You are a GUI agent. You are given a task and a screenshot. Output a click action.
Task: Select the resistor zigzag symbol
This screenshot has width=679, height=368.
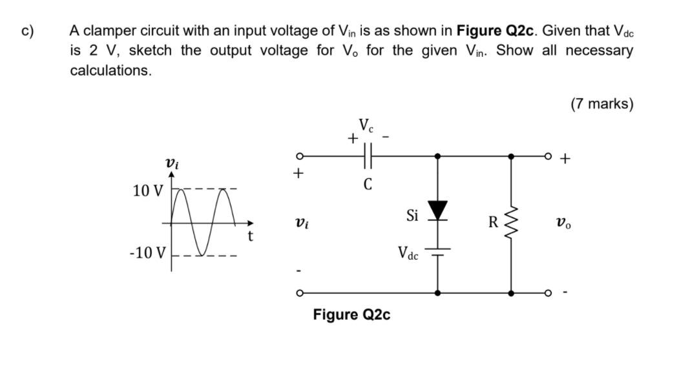pyautogui.click(x=512, y=223)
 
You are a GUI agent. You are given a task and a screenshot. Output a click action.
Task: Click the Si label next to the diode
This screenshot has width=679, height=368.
pyautogui.click(x=412, y=216)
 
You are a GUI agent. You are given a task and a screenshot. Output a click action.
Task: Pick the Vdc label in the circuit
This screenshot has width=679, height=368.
pyautogui.click(x=408, y=253)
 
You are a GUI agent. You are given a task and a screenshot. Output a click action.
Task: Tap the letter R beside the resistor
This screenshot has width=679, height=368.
pyautogui.click(x=493, y=223)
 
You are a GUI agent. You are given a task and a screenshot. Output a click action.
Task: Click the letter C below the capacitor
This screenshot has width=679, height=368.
pyautogui.click(x=368, y=185)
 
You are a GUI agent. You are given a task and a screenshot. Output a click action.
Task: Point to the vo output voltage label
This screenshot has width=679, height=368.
pyautogui.click(x=563, y=223)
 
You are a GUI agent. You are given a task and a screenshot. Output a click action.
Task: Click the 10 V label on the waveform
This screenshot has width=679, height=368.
pyautogui.click(x=148, y=190)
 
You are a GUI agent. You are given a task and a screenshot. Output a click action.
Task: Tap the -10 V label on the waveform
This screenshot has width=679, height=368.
pyautogui.click(x=147, y=252)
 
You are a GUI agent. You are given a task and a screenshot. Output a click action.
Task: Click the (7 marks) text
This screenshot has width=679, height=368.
pyautogui.click(x=601, y=103)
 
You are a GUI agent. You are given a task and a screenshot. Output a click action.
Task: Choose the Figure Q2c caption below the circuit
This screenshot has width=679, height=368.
pyautogui.click(x=351, y=314)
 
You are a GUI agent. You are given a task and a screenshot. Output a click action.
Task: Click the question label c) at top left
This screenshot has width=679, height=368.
pyautogui.click(x=27, y=31)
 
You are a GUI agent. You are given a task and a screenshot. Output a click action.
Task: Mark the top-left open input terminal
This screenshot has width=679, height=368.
pyautogui.click(x=298, y=156)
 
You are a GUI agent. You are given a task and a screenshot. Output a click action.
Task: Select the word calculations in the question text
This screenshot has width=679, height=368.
pyautogui.click(x=110, y=70)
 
